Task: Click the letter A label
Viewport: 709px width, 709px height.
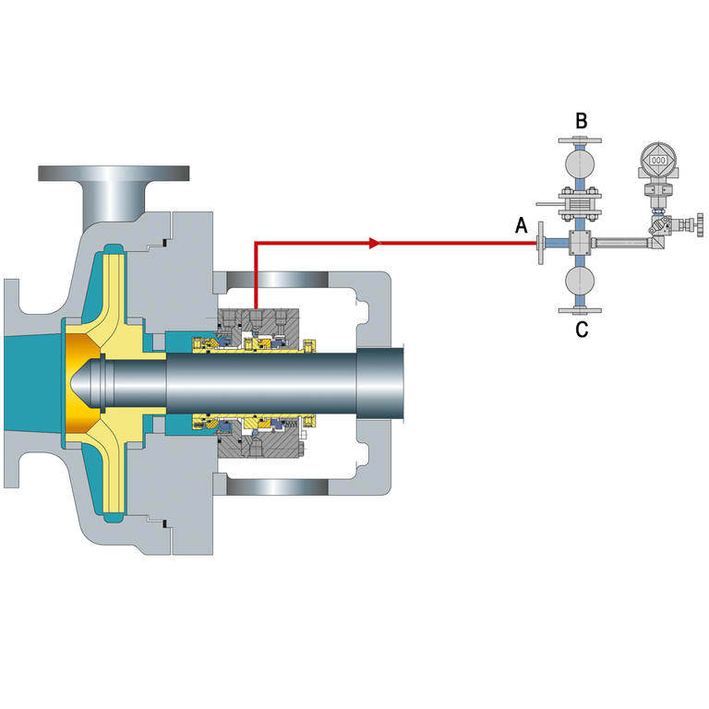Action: click(522, 224)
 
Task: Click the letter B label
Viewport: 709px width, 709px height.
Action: click(581, 121)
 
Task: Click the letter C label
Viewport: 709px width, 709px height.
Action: click(582, 330)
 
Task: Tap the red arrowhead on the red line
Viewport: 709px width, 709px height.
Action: click(375, 244)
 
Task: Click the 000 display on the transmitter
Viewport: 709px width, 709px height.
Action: click(658, 161)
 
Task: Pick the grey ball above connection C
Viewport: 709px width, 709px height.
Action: click(580, 280)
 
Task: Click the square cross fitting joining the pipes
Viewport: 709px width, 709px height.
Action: click(580, 243)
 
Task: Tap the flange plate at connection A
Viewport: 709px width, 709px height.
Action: click(540, 243)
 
